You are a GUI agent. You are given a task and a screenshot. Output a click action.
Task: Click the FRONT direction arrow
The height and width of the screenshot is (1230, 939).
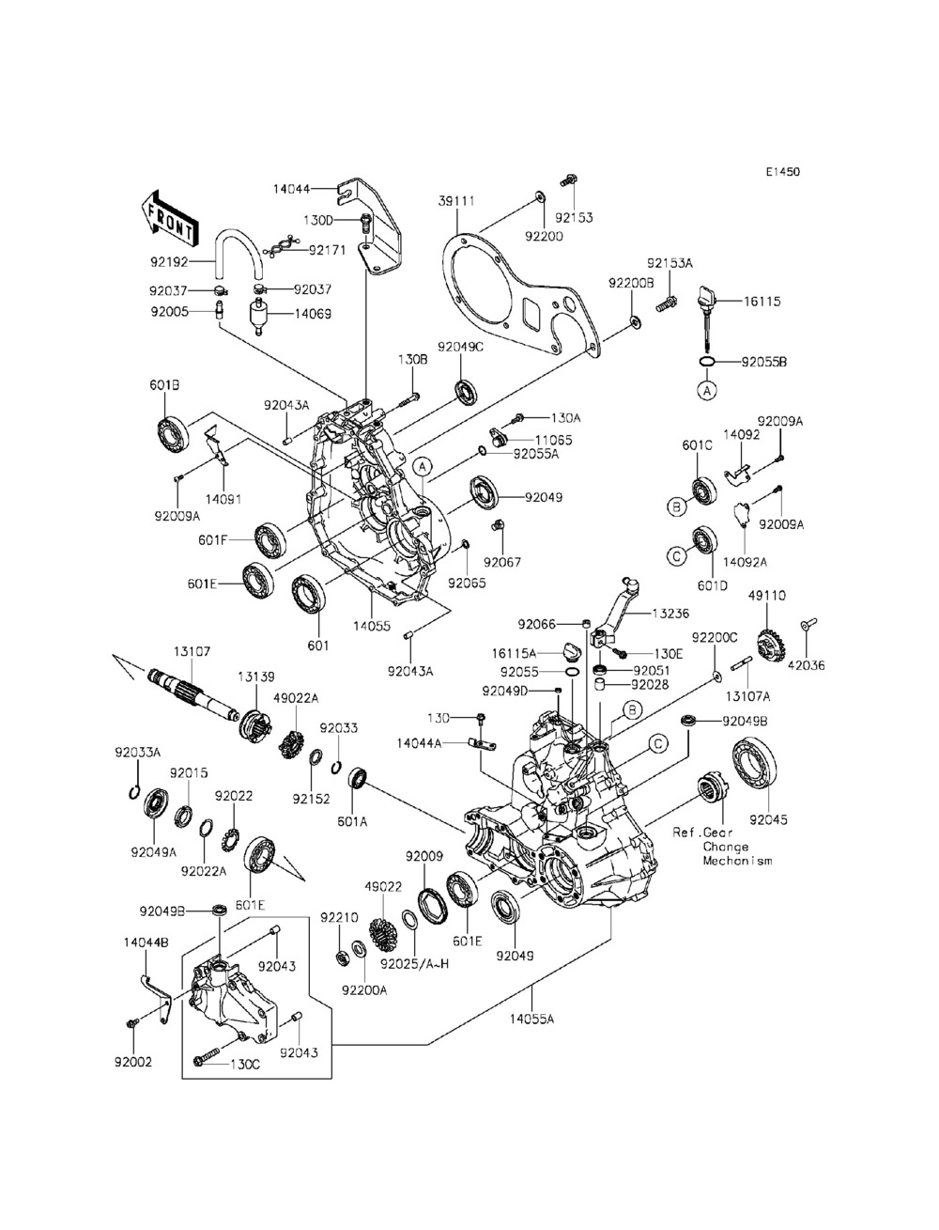(x=169, y=219)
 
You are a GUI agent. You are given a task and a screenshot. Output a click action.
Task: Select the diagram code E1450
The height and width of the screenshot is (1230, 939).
(x=783, y=171)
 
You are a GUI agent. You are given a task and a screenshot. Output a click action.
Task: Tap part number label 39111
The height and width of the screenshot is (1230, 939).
(x=457, y=201)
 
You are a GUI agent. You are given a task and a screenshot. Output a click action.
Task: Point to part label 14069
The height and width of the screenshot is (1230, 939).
(x=313, y=314)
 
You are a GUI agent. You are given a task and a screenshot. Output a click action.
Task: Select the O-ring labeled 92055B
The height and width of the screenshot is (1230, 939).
(x=707, y=362)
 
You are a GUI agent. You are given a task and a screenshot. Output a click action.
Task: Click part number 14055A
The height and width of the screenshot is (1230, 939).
(x=531, y=1019)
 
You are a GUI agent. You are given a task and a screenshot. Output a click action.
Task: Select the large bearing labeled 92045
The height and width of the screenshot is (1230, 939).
(x=754, y=764)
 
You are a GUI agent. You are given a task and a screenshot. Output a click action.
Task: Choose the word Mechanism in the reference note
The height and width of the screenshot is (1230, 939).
(x=737, y=861)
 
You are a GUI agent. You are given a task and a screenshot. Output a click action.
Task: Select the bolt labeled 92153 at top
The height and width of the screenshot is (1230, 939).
(x=569, y=180)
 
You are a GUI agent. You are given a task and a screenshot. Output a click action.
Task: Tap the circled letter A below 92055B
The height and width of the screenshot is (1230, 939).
(x=707, y=390)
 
